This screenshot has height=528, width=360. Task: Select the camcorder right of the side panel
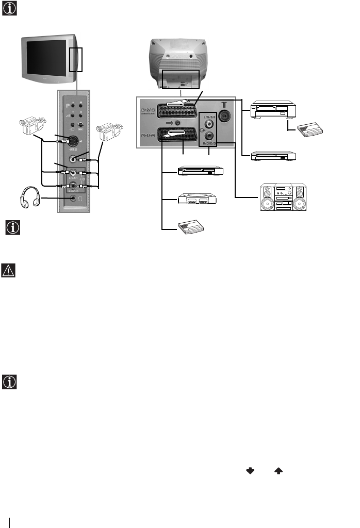click(x=111, y=131)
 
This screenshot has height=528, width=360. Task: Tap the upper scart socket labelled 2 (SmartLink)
click(x=178, y=109)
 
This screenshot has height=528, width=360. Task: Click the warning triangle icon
click(x=9, y=270)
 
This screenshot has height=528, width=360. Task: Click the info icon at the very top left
click(x=9, y=9)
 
